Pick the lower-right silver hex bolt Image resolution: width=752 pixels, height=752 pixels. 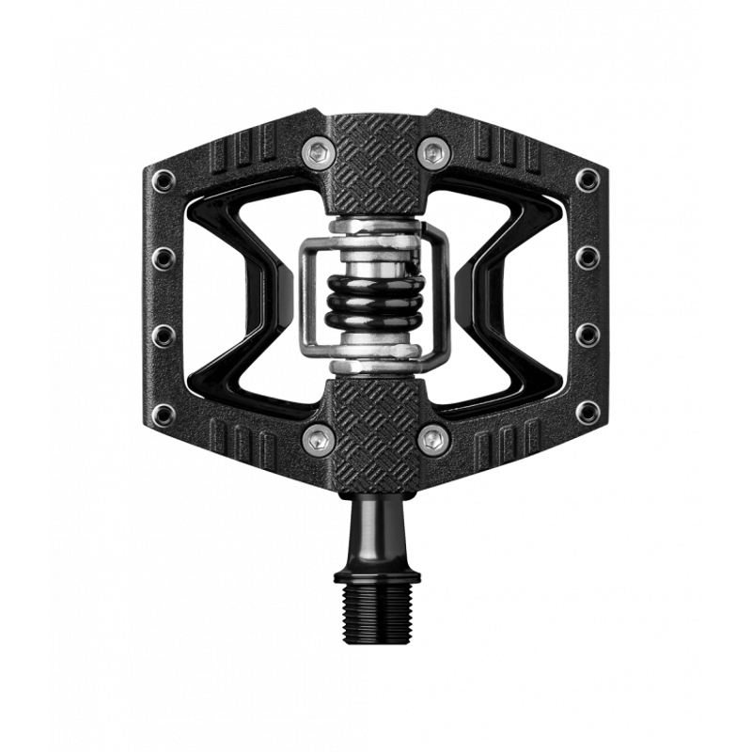431,437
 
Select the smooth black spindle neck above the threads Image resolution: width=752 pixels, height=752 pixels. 376,526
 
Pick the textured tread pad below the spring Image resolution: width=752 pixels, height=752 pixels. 376,423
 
